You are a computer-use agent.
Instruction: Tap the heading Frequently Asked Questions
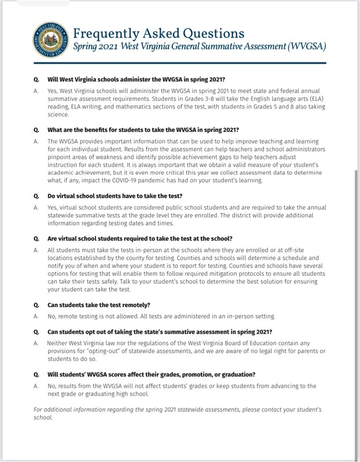pos(158,33)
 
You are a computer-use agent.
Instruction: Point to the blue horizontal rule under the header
pos(180,63)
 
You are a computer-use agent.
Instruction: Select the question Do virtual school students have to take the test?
pos(115,196)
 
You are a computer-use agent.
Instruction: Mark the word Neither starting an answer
pos(59,344)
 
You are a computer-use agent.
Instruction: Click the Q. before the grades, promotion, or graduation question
pos(36,374)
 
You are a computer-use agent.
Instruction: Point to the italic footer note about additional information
pos(177,414)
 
